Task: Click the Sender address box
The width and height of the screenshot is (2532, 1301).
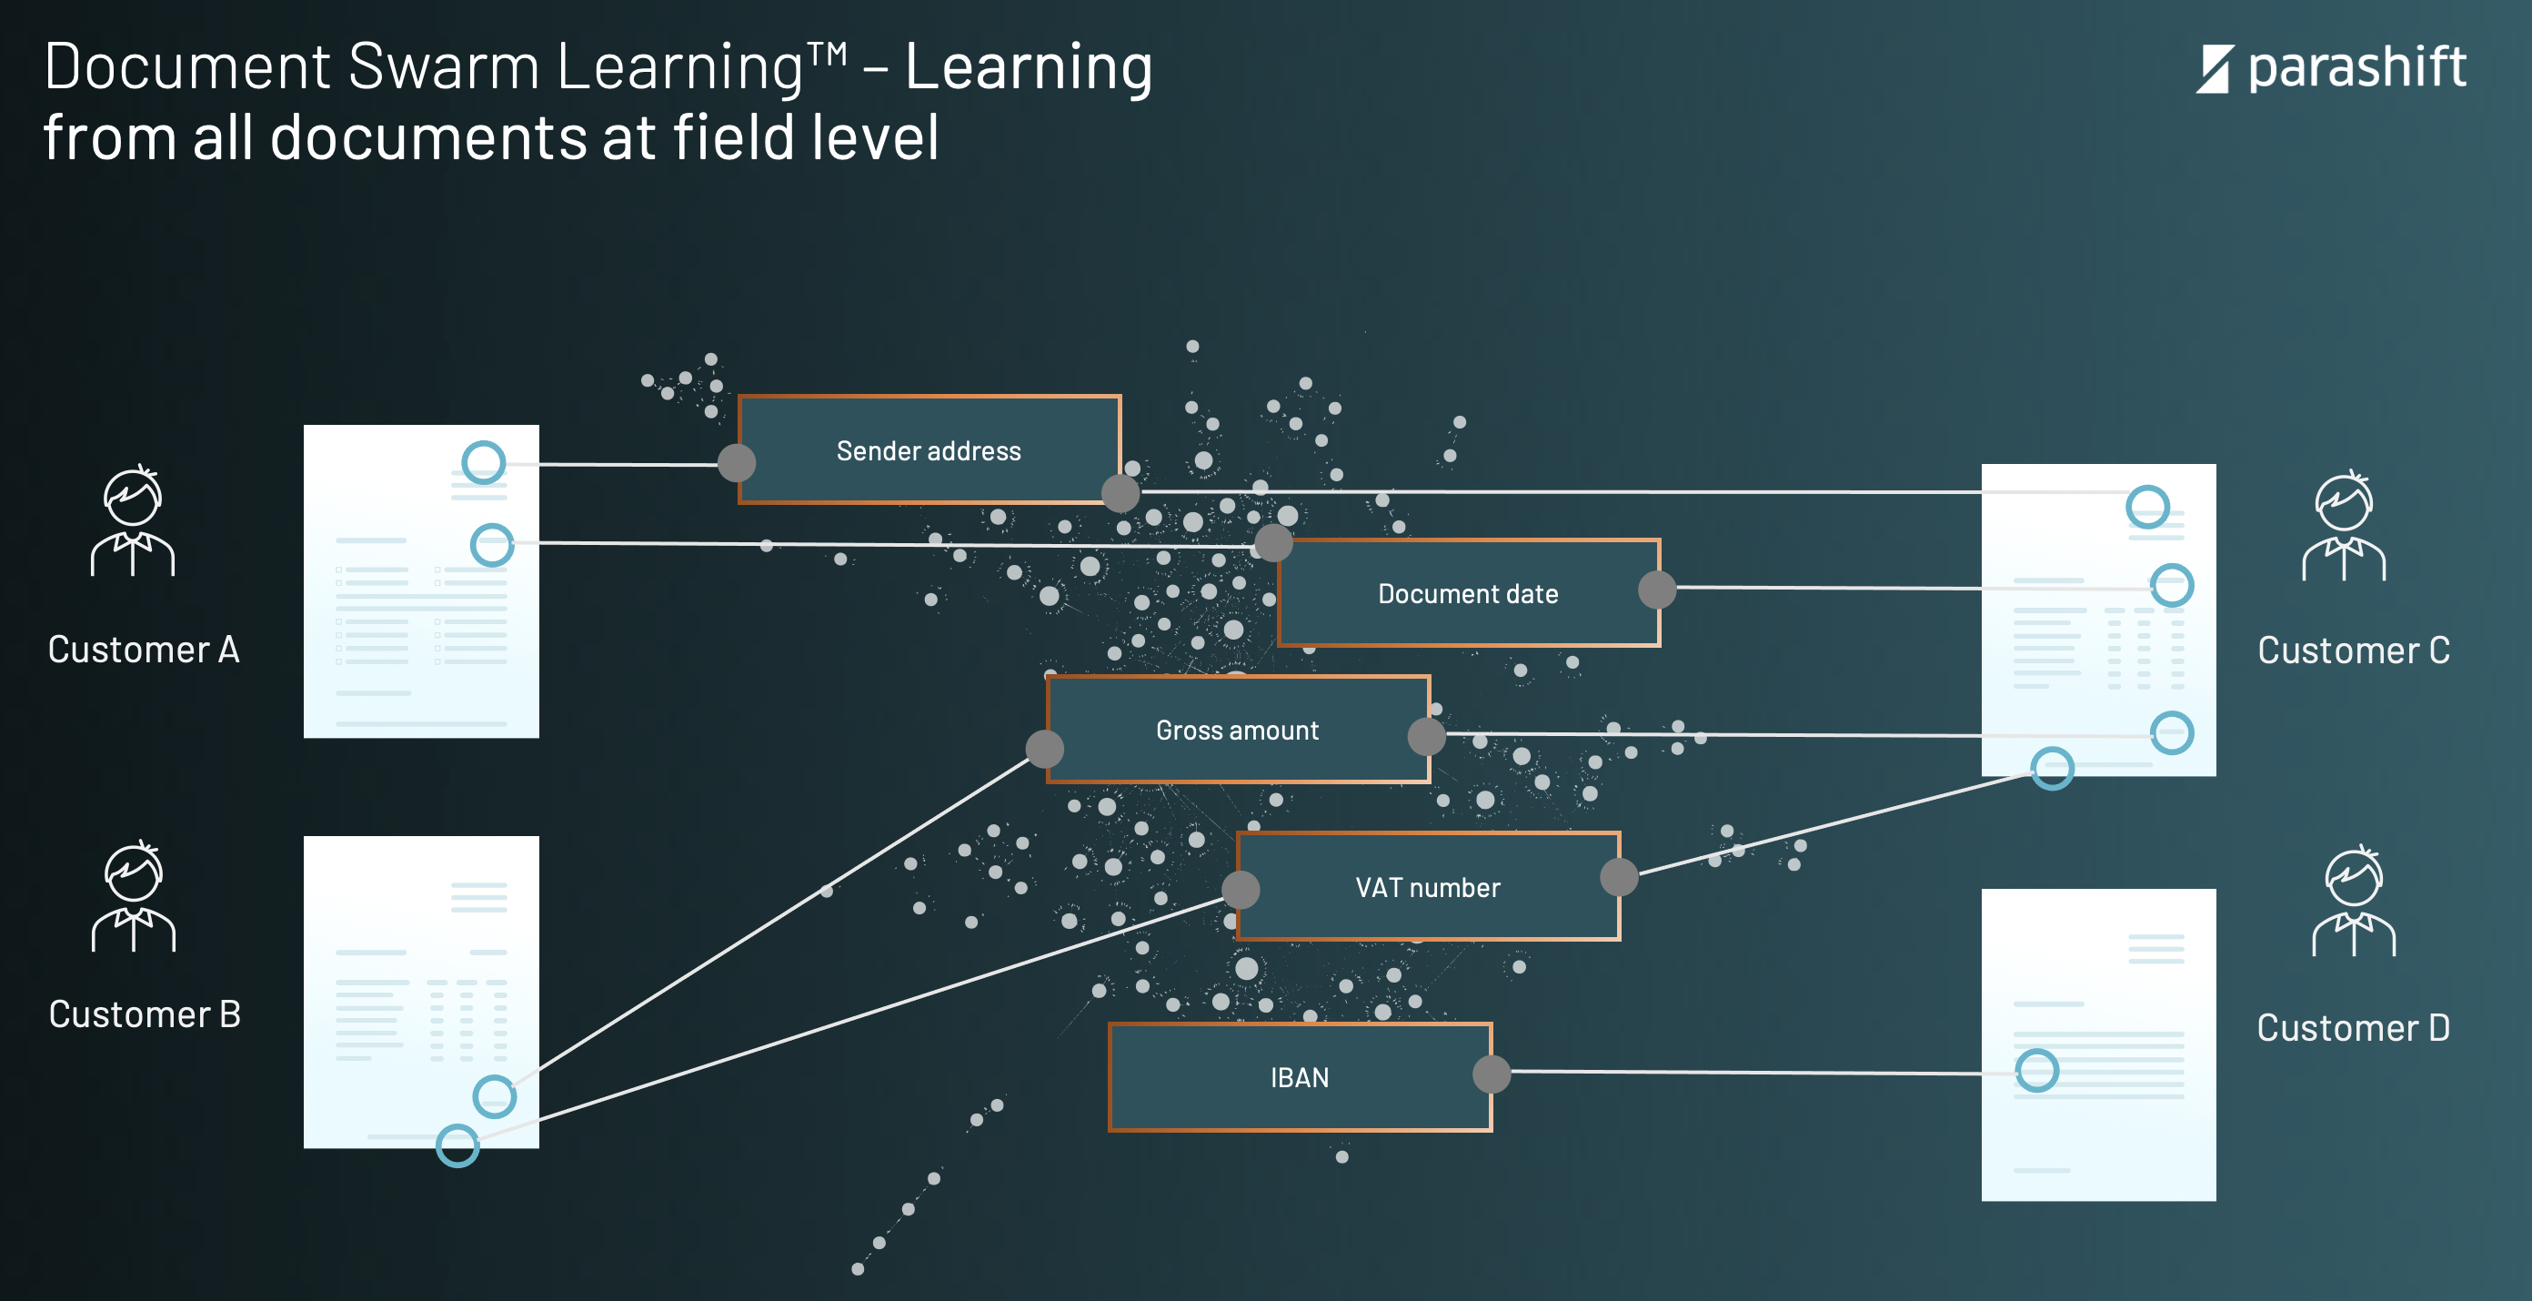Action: click(929, 450)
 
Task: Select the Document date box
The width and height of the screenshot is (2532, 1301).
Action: click(1469, 593)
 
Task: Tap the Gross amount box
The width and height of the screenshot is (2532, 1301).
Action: click(1238, 730)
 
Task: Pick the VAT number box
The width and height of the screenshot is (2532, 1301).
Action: click(1428, 887)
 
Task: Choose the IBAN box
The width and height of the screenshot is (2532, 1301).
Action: click(1300, 1078)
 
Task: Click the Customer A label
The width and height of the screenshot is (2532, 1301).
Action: click(144, 650)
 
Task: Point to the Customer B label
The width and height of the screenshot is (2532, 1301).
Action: click(145, 1014)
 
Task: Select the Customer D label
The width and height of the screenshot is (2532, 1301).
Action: click(2353, 1028)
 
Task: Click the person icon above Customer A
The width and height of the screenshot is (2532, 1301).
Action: click(133, 520)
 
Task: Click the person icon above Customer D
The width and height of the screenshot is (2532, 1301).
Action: click(2354, 901)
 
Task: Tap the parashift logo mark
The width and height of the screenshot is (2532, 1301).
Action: click(2215, 69)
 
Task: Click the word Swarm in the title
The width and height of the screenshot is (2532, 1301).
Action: click(443, 66)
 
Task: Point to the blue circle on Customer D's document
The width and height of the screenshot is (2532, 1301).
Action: click(2036, 1070)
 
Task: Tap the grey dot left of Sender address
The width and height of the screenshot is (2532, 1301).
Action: click(736, 462)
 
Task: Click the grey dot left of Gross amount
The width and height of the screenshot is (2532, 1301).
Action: click(1045, 749)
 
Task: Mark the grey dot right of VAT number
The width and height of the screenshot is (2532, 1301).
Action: click(1619, 877)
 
